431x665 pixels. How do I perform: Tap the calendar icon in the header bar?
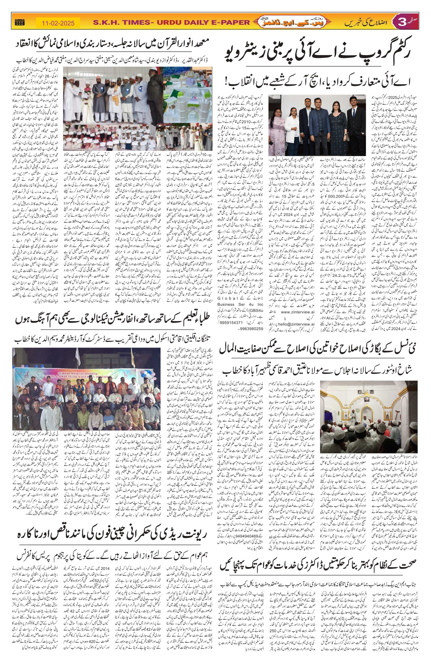[20, 23]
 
